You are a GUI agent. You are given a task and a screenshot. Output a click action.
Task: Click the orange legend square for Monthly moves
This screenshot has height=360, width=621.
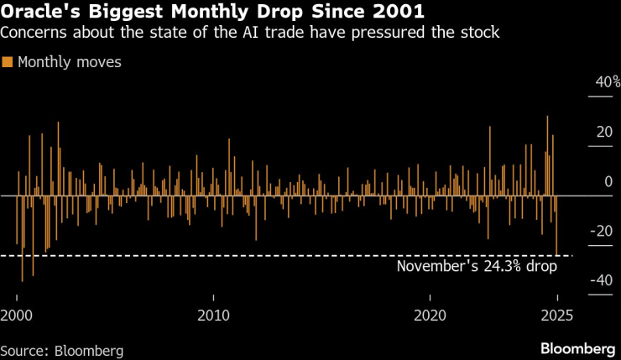8,62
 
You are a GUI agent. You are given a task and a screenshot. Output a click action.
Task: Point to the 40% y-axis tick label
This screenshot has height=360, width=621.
607,82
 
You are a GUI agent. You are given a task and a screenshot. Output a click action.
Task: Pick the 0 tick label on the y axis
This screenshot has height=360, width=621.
609,181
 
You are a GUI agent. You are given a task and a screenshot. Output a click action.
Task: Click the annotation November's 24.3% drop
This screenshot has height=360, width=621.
476,267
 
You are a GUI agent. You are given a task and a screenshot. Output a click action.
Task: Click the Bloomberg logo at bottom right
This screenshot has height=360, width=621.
577,348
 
